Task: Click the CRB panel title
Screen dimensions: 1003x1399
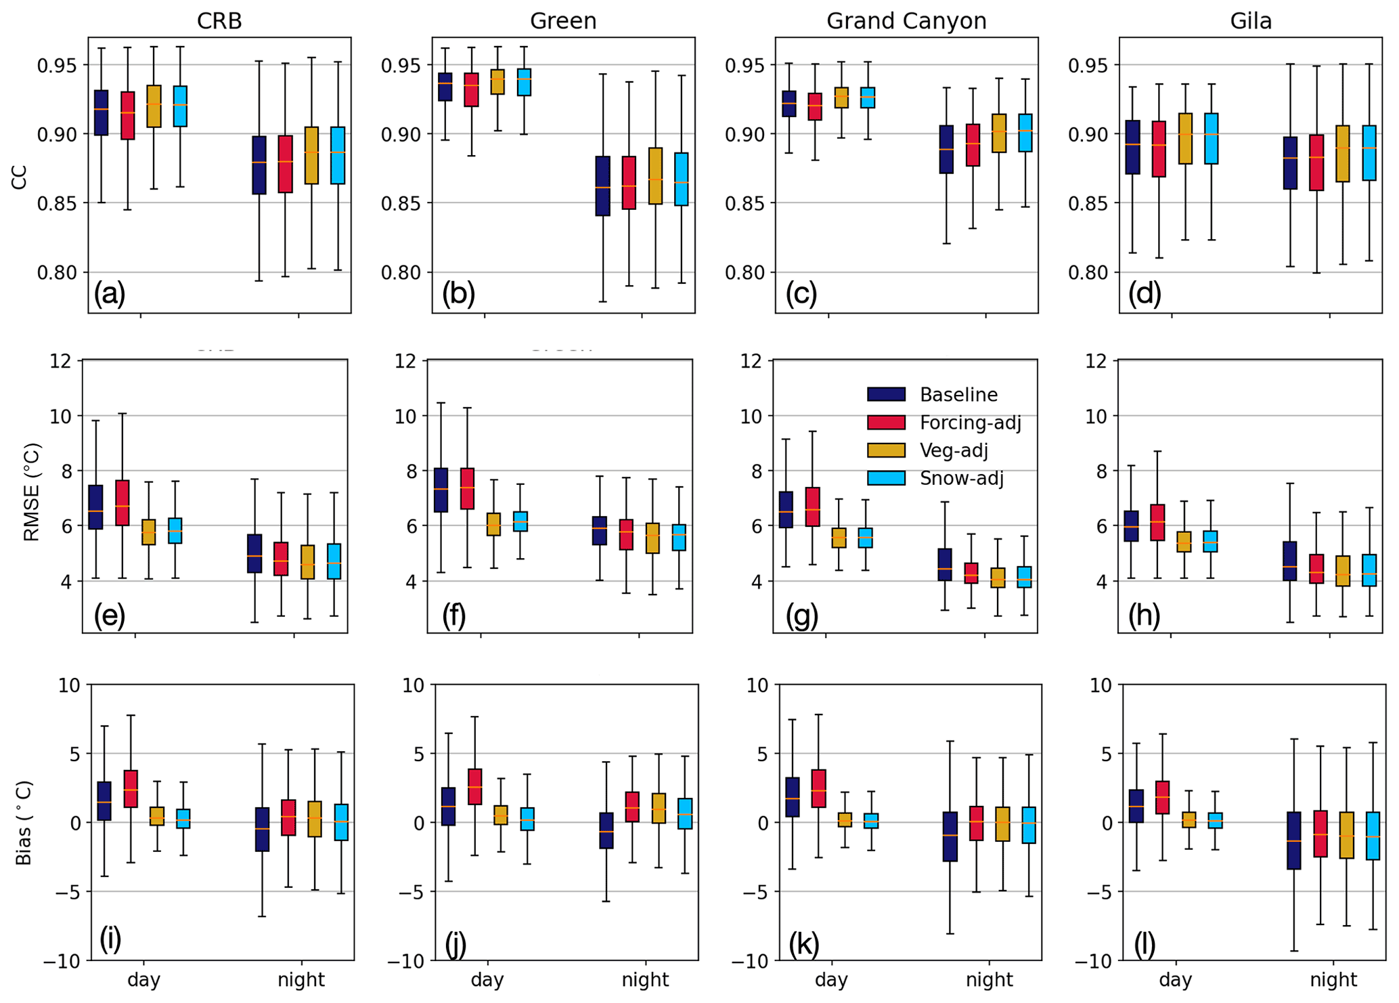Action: click(x=219, y=21)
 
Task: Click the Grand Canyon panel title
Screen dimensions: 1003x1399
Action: click(x=906, y=21)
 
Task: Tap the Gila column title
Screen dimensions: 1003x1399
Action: click(x=1251, y=21)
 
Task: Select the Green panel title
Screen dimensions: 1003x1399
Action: click(x=563, y=21)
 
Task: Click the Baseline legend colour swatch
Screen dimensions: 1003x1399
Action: click(x=886, y=395)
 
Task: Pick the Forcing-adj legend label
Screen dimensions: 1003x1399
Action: click(x=970, y=423)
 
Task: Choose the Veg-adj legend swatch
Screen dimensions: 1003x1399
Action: click(x=886, y=450)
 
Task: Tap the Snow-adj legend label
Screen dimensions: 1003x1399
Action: click(x=961, y=478)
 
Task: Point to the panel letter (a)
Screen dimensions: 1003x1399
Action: click(x=110, y=293)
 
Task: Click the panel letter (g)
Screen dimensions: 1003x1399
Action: click(x=802, y=615)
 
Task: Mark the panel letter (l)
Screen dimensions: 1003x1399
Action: click(x=1144, y=943)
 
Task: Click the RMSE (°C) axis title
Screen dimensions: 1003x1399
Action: click(x=32, y=492)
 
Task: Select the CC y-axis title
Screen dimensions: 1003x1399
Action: click(x=19, y=177)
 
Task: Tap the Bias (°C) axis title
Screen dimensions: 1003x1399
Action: click(x=24, y=823)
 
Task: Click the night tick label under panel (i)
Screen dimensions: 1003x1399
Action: click(x=301, y=979)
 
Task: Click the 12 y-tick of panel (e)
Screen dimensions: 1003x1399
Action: click(x=60, y=360)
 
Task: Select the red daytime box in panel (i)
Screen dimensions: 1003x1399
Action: click(x=131, y=788)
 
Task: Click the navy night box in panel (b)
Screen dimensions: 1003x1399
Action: click(x=602, y=186)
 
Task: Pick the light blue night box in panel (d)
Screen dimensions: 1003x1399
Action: click(x=1369, y=152)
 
